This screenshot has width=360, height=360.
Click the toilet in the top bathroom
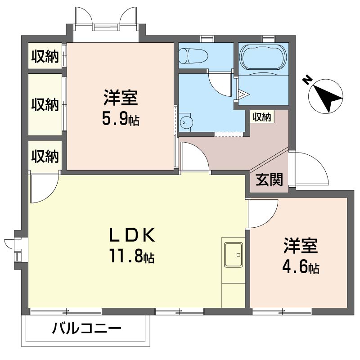click(193, 56)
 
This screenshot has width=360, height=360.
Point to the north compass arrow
click(327, 96)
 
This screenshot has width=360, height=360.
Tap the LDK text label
click(132, 235)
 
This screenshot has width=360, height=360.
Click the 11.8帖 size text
click(131, 256)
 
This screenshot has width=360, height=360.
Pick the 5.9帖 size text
click(121, 119)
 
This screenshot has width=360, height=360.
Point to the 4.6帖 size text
click(300, 267)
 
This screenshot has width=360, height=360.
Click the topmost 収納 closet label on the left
click(45, 57)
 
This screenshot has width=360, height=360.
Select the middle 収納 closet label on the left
click(45, 104)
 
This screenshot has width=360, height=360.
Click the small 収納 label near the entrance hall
click(261, 117)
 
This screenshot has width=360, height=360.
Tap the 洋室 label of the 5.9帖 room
click(121, 98)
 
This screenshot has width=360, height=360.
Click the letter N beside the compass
click(307, 80)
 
